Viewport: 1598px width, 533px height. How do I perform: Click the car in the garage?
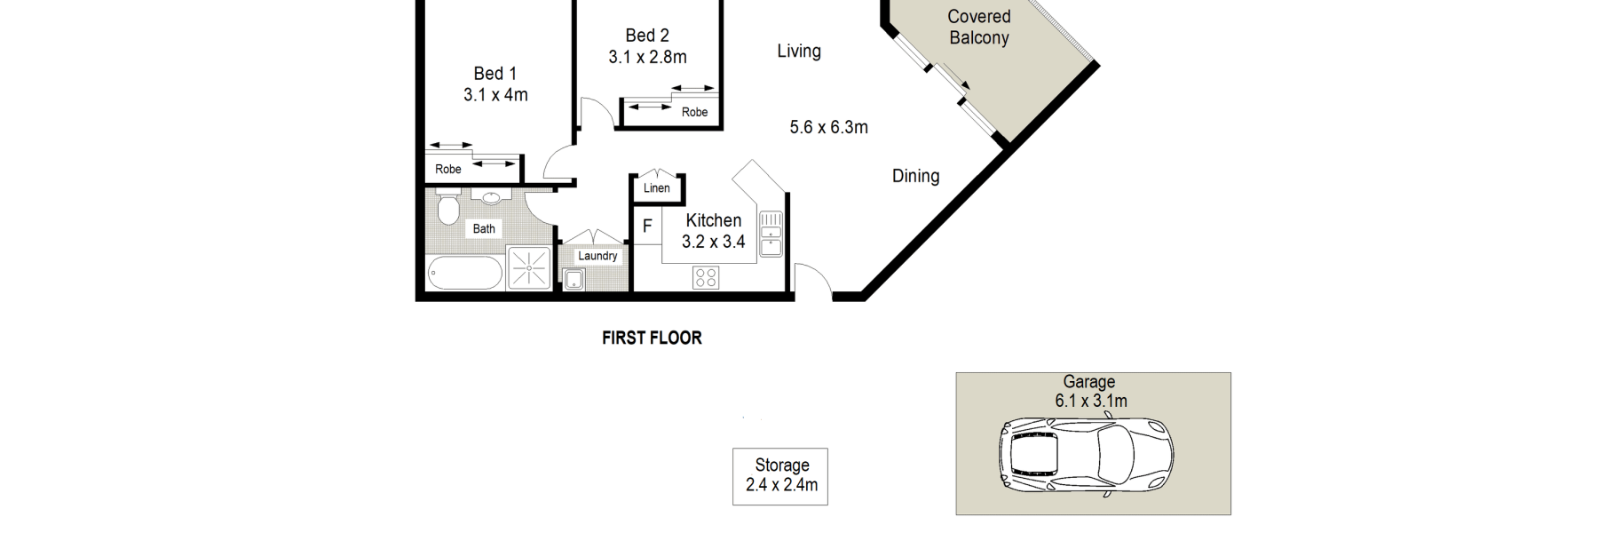tap(1086, 456)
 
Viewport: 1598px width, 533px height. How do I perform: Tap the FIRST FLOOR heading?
tap(652, 338)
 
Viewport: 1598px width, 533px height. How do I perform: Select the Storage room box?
tap(780, 476)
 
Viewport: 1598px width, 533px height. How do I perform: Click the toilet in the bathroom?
tap(447, 210)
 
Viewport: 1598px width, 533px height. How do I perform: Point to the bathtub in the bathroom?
tap(465, 273)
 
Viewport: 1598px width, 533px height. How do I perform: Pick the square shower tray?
tap(529, 268)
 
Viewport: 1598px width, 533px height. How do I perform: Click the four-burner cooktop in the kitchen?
tap(706, 278)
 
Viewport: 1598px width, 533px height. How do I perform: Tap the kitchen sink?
tap(771, 233)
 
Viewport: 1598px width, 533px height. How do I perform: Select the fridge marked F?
tap(646, 226)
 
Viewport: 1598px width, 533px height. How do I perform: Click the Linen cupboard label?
tap(657, 188)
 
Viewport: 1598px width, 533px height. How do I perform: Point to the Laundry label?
tap(597, 256)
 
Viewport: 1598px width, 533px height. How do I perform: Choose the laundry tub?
tap(574, 280)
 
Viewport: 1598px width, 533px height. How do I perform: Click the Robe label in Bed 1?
tap(448, 169)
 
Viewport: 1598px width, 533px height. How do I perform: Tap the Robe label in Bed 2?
tap(695, 112)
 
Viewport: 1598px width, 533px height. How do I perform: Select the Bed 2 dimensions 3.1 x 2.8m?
tap(647, 57)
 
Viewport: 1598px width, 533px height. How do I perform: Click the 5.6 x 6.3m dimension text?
tap(829, 127)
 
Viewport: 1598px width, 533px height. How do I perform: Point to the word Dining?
tap(916, 176)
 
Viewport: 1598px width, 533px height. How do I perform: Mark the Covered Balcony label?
tap(979, 27)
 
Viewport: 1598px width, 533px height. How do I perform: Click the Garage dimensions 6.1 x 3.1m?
tap(1091, 401)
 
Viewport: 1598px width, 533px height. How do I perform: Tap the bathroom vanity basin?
tap(491, 198)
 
